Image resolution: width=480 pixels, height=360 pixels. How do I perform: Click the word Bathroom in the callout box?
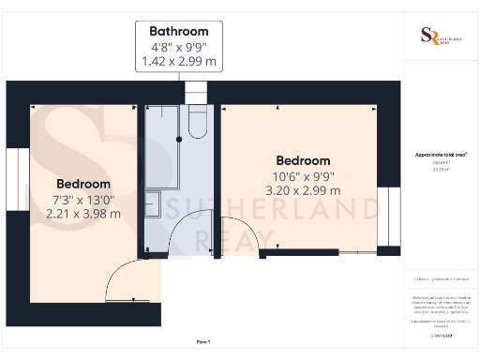tap(179, 31)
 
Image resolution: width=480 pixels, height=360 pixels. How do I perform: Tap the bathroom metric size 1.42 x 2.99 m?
tap(179, 62)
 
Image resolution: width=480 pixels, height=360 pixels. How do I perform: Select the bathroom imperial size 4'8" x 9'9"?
tap(179, 47)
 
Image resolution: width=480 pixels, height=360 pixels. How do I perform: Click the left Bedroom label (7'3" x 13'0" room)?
tap(83, 183)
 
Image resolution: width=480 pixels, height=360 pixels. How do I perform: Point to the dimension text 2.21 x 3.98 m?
tap(83, 213)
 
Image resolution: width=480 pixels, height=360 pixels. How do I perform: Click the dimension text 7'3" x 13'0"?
tap(83, 198)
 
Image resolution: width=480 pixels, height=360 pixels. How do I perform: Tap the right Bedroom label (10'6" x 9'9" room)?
tap(302, 160)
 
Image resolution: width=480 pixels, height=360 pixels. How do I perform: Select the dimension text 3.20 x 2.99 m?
tap(302, 190)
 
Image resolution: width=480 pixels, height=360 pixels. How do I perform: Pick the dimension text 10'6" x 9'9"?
tap(302, 175)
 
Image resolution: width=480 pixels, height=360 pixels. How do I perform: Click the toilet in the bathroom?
tap(198, 121)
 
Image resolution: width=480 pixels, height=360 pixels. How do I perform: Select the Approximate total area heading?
tap(440, 154)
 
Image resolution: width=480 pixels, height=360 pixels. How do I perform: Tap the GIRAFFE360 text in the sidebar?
tap(440, 335)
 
